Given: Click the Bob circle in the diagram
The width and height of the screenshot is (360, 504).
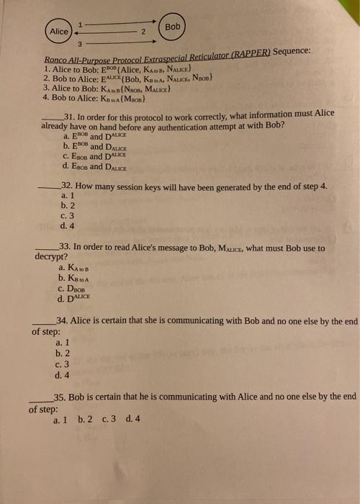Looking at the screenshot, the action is pyautogui.click(x=173, y=26).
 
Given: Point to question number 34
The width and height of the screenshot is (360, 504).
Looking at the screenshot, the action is pyautogui.click(x=61, y=320).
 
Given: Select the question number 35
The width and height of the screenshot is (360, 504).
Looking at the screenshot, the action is pyautogui.click(x=60, y=395).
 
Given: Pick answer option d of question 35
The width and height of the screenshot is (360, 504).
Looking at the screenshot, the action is pyautogui.click(x=129, y=419).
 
